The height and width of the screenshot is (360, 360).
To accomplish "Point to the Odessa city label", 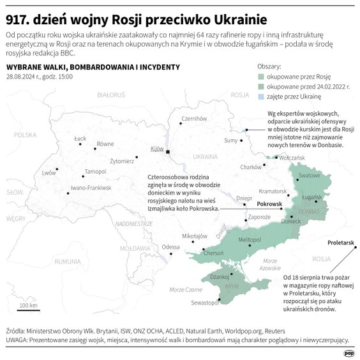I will point(170,246).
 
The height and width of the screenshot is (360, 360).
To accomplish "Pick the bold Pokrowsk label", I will point(269,204).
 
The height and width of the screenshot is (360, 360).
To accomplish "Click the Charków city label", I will point(251,167).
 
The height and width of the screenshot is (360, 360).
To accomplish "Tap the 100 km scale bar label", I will point(28,305).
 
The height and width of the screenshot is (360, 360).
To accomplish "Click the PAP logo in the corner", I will point(349,352).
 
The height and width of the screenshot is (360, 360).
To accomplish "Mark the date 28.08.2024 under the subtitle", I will point(23,76).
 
